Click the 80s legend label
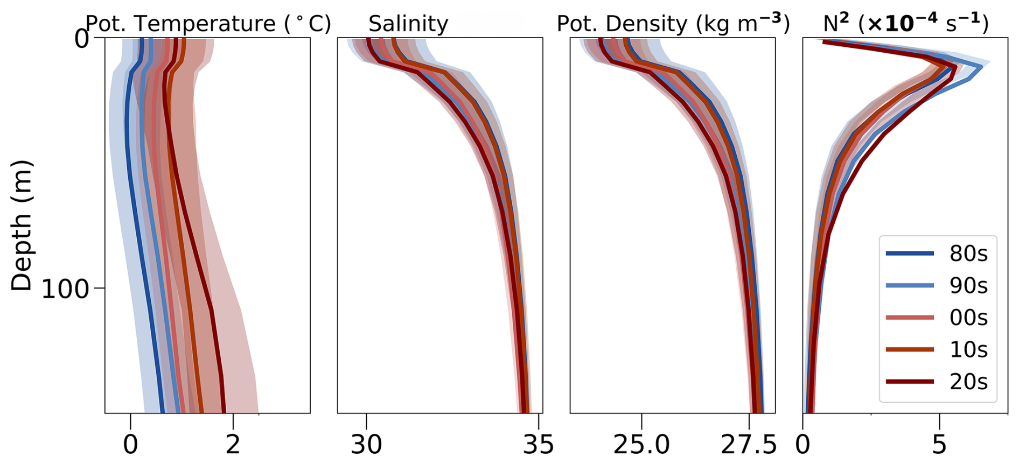[x=968, y=254]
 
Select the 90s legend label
[x=968, y=285]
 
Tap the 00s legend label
[x=968, y=318]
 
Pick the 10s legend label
[x=968, y=350]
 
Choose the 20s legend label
[x=968, y=382]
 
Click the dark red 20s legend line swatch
[x=910, y=382]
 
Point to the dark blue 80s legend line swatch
[x=910, y=253]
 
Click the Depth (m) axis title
[x=22, y=226]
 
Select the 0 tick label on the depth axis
[x=82, y=39]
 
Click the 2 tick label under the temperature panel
[x=233, y=445]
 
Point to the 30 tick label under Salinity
[x=366, y=445]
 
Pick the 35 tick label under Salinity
[x=539, y=445]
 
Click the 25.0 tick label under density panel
[x=641, y=445]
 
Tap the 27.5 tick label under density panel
[x=749, y=445]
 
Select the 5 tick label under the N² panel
[x=939, y=445]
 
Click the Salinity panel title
[x=408, y=24]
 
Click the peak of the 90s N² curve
[x=981, y=67]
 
